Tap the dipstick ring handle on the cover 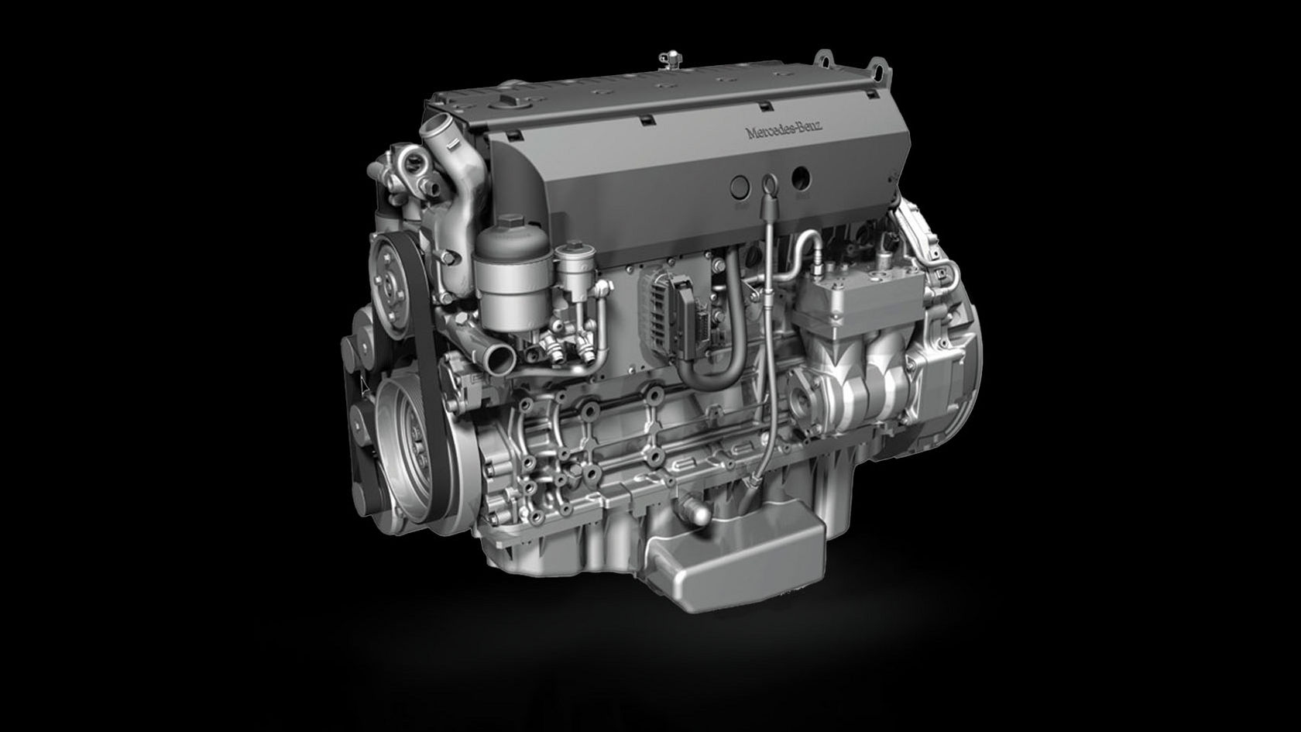[769, 183]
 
